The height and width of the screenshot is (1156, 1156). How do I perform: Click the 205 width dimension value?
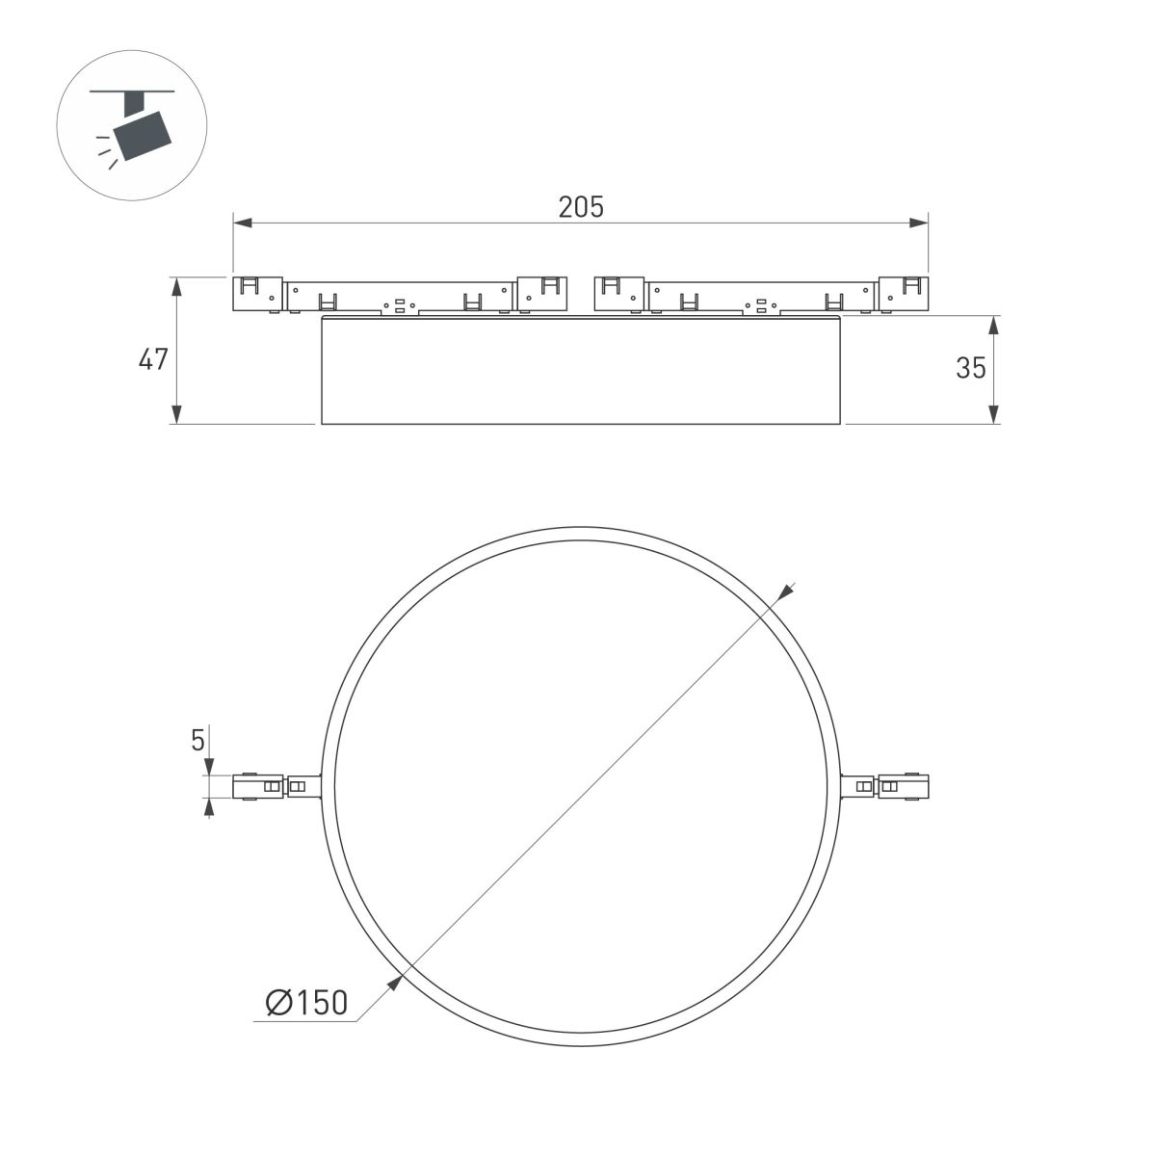point(581,206)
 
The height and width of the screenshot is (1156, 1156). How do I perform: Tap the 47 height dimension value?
point(153,360)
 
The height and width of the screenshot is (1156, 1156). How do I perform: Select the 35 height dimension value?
point(971,367)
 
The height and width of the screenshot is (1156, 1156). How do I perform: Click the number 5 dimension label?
point(198,740)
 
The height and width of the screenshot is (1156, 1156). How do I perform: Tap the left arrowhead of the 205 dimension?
point(243,223)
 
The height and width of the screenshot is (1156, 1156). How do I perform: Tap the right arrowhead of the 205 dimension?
point(919,223)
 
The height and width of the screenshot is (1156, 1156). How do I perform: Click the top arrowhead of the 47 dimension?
point(176,286)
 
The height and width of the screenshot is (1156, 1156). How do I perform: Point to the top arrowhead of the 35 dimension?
point(994,325)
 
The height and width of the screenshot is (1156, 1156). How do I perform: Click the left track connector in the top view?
point(275,786)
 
